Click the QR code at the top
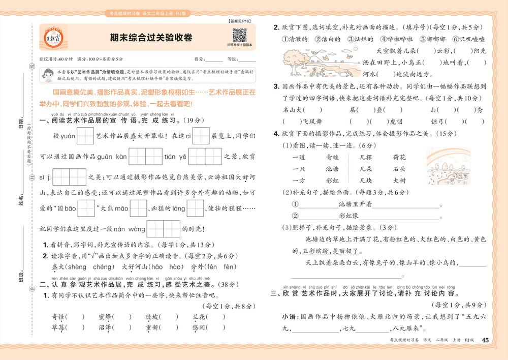tap(239, 36)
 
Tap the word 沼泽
tap(107, 328)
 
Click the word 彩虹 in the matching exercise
tap(332, 180)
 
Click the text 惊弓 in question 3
tap(438, 122)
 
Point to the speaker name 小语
tap(288, 317)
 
